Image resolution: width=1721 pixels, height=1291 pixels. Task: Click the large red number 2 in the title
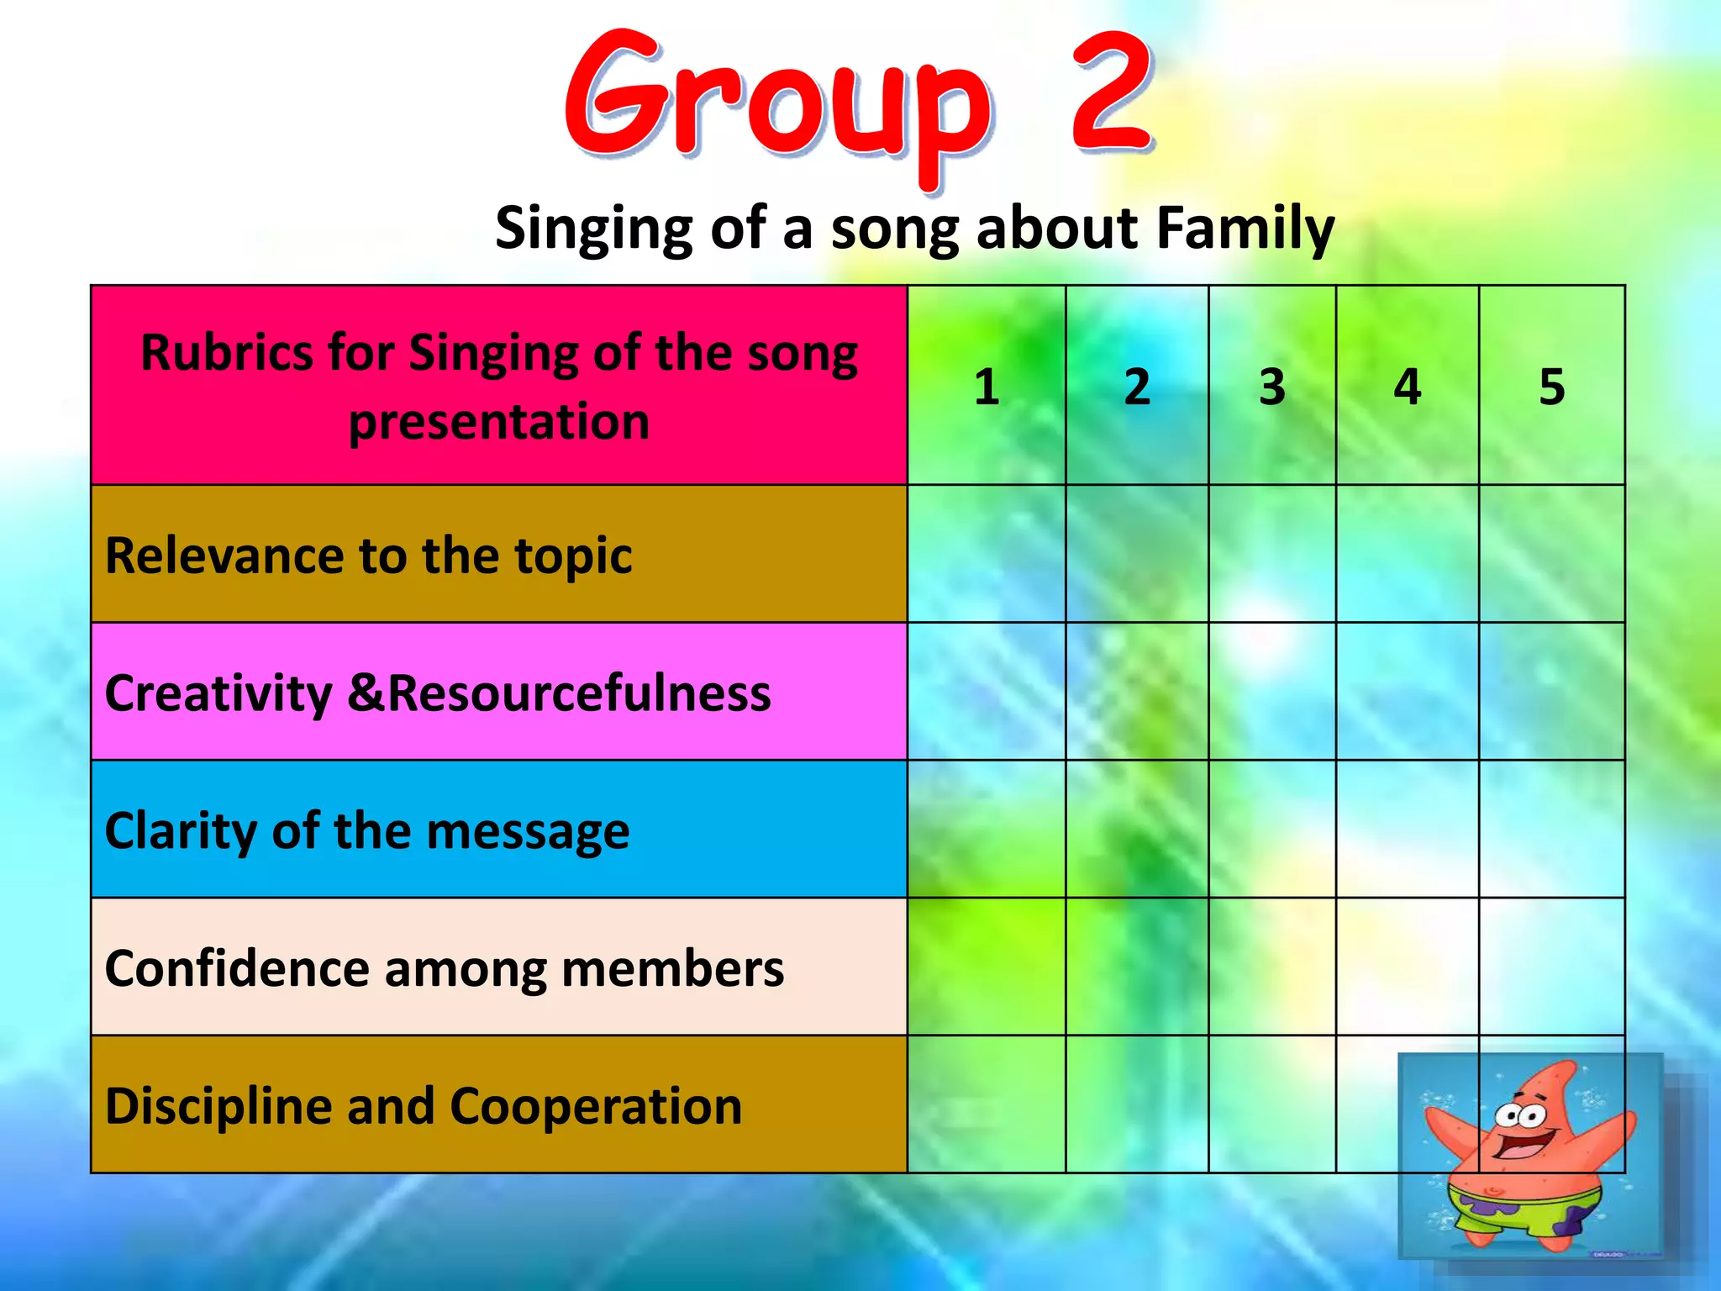[x=1111, y=92]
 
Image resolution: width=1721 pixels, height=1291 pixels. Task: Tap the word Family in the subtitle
[x=1245, y=229]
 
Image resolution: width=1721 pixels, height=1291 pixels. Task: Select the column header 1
[x=987, y=387]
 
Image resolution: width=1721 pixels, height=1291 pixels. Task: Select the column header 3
[x=1271, y=387]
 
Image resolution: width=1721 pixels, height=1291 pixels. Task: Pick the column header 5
[x=1551, y=387]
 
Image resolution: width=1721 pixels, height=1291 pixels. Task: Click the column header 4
[x=1407, y=387]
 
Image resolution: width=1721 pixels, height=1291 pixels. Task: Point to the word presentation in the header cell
[x=499, y=421]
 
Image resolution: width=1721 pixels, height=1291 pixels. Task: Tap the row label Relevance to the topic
[x=368, y=556]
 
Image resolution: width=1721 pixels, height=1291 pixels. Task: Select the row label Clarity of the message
[x=366, y=831]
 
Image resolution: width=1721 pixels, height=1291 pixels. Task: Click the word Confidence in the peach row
[x=237, y=968]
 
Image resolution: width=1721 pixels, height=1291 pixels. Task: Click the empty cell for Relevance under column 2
[x=1136, y=554]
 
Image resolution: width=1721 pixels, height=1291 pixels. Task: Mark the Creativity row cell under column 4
[x=1407, y=692]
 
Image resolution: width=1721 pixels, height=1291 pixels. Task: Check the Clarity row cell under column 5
[x=1551, y=830]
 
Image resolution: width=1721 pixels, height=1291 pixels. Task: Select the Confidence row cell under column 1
[x=987, y=967]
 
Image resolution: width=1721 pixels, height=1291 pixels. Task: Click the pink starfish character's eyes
[x=1519, y=1116]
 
